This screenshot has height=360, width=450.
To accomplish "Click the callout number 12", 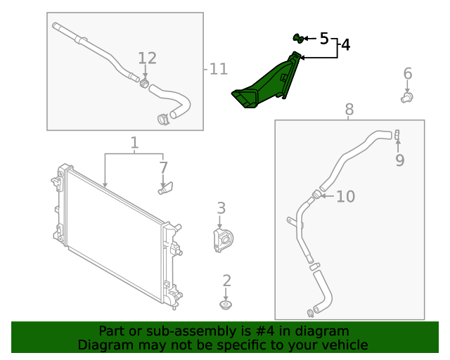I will (x=147, y=58).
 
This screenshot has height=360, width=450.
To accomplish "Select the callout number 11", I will (x=219, y=69).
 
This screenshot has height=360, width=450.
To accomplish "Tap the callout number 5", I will (x=324, y=38).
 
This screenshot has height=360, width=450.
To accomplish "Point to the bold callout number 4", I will (x=345, y=45).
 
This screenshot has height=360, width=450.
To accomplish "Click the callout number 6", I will (x=408, y=74).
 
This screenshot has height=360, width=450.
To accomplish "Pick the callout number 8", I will (x=349, y=109).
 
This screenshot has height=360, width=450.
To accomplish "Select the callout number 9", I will (x=399, y=160).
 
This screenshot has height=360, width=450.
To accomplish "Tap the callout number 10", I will (x=345, y=197).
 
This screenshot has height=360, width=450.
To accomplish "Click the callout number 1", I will (x=134, y=144).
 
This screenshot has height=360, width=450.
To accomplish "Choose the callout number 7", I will (x=163, y=168).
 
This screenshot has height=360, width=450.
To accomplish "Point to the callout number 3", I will (x=221, y=208).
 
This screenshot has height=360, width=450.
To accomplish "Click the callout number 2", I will (x=226, y=281).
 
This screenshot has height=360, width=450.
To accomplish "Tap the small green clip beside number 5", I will (x=297, y=37).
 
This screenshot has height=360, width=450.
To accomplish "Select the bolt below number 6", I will (x=407, y=97).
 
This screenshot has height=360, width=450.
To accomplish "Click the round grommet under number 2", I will (x=226, y=305).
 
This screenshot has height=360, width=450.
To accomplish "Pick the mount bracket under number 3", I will (x=223, y=240).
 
